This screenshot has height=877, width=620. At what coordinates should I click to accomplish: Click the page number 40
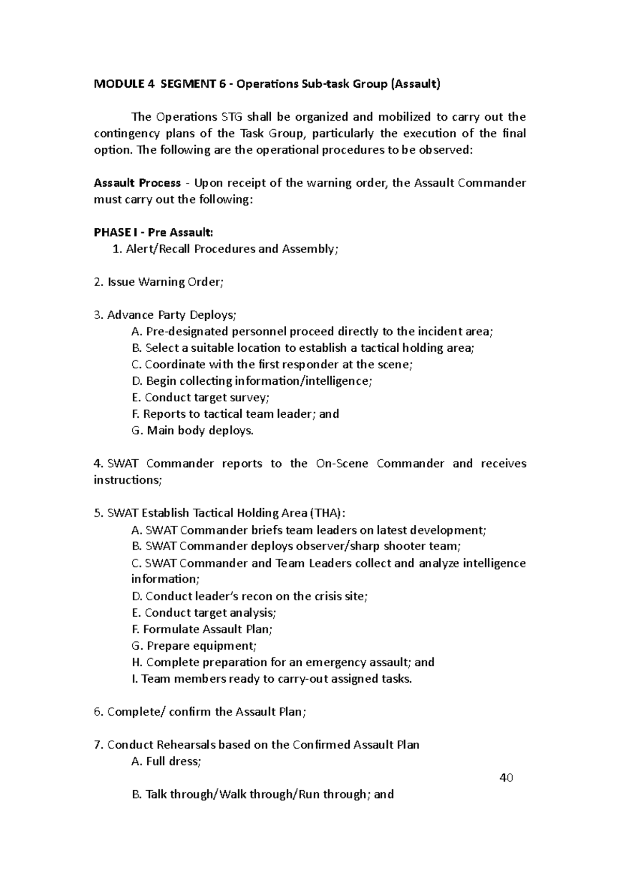(506, 778)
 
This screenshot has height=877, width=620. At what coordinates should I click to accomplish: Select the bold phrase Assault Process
(137, 183)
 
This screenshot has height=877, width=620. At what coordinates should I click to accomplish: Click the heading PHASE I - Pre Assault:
(153, 232)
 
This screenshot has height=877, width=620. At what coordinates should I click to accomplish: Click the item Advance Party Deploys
(165, 315)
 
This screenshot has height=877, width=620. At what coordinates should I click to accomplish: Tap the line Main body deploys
(193, 431)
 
